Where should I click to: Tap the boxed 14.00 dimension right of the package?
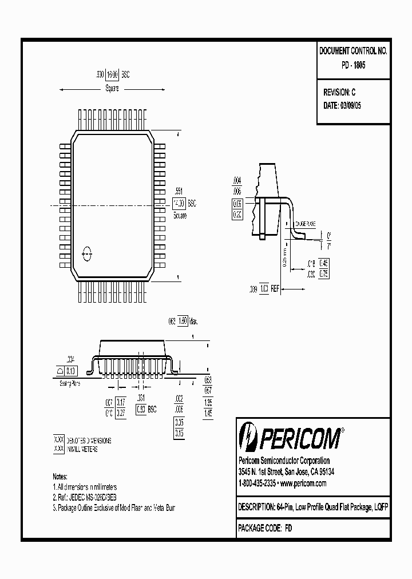(x=179, y=204)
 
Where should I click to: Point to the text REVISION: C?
(x=340, y=92)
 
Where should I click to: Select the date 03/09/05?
(x=351, y=105)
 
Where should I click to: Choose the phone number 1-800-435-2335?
(x=257, y=483)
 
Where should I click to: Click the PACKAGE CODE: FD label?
(x=264, y=529)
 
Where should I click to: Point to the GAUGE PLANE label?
(x=307, y=226)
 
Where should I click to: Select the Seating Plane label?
(x=70, y=383)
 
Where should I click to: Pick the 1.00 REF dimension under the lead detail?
(x=264, y=289)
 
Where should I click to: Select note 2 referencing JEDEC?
(x=87, y=497)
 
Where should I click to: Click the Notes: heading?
(x=60, y=476)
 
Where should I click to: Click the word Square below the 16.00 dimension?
(x=112, y=89)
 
